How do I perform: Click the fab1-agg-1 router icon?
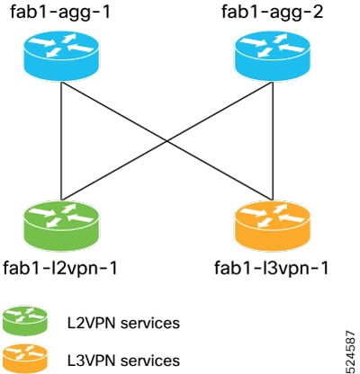pos(61,56)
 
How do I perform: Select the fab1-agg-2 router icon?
pos(272,56)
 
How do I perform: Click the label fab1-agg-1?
pos(61,13)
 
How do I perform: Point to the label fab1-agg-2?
pos(273,13)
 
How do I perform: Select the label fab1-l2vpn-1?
pos(60,268)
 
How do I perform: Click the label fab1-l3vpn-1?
pos(272,268)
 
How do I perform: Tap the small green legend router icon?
pos(25,320)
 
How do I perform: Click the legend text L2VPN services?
pos(123,323)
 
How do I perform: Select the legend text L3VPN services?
pos(123,361)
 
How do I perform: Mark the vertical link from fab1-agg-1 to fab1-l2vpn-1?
pos(61,140)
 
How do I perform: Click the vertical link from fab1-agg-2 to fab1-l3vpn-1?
pos(273,140)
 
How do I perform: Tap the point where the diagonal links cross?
pos(167,140)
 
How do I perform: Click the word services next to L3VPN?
pos(150,361)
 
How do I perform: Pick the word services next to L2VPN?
pos(150,323)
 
